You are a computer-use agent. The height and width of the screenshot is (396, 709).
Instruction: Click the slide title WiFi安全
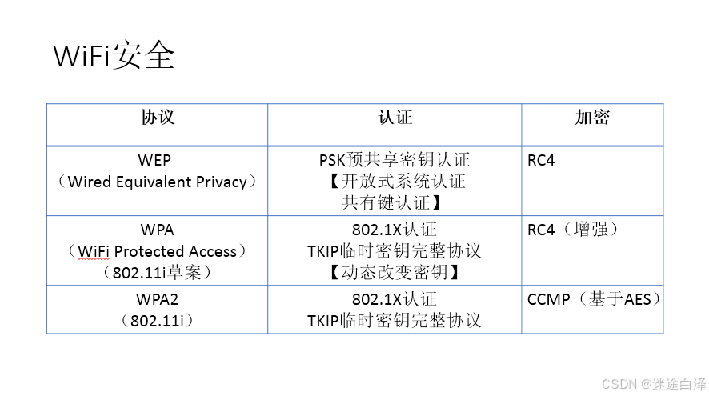click(114, 57)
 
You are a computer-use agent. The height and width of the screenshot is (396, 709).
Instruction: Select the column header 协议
click(158, 118)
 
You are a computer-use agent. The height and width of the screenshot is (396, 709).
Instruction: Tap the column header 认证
click(395, 118)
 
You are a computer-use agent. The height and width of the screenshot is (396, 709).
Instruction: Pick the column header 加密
click(592, 118)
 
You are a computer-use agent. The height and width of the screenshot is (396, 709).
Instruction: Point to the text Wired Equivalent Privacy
click(157, 182)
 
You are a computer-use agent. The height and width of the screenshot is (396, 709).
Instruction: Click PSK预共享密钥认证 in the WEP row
click(394, 161)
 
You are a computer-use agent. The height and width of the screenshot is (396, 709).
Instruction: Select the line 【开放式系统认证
click(394, 182)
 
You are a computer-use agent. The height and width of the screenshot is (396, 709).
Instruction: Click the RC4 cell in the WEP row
click(541, 161)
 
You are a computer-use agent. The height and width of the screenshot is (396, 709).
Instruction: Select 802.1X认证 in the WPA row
click(394, 230)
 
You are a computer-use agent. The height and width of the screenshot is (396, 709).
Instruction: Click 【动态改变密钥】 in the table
click(394, 273)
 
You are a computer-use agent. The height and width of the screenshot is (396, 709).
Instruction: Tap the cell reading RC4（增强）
click(572, 230)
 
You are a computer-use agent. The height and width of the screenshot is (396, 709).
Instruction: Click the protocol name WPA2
click(157, 300)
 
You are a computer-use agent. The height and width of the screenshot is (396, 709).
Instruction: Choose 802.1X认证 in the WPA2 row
click(394, 300)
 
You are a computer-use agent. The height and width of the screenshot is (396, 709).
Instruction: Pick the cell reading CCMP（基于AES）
click(594, 300)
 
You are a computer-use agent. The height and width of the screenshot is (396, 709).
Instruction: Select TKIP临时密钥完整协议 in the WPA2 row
click(394, 321)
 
